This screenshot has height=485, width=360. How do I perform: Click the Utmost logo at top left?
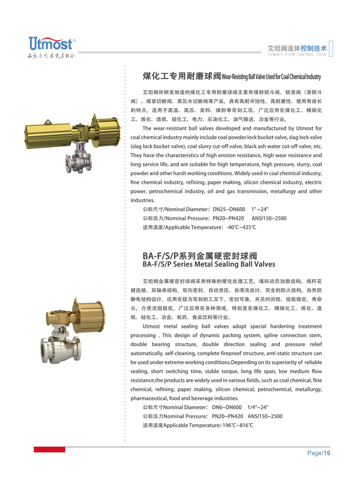pos(51,44)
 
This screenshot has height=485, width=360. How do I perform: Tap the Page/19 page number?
pos(319,453)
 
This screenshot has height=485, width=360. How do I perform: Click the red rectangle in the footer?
pos(49,449)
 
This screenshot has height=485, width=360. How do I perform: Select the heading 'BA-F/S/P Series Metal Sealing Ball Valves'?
pos(208,265)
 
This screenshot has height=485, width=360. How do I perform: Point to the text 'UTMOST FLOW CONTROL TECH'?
pos(297,54)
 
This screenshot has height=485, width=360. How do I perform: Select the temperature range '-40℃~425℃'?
pos(241,227)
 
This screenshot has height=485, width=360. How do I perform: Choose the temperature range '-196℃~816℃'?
pos(237,425)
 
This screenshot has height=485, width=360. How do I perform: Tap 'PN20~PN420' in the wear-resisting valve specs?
pos(228,218)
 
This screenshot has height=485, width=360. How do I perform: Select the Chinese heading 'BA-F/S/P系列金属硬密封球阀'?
pos(200,256)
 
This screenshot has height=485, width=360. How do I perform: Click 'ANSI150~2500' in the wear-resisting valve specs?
pos(269,218)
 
